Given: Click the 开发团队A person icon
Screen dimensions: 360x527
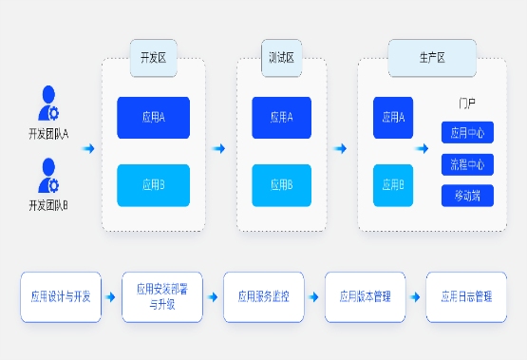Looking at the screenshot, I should click(48, 102).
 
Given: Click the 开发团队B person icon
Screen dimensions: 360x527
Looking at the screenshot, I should click(48, 175).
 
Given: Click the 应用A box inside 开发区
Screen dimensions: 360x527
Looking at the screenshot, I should click(153, 118).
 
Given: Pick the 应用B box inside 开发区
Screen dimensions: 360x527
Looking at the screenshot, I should click(153, 185).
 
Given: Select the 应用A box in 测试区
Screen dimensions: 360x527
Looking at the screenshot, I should click(281, 118).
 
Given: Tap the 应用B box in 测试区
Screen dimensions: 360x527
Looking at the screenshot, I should click(281, 185).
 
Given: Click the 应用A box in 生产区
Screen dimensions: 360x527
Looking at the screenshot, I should click(392, 118).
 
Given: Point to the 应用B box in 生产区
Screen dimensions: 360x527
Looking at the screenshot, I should click(392, 185).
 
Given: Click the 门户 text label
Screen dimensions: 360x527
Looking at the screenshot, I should click(465, 102).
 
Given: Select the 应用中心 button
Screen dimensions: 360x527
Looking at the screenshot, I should click(466, 132).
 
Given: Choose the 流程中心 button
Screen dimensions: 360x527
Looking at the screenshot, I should click(466, 164).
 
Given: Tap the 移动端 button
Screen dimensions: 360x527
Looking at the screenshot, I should click(466, 197).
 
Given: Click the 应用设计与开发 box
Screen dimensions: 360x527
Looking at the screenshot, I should click(61, 296).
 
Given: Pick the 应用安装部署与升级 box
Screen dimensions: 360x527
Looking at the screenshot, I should click(162, 296).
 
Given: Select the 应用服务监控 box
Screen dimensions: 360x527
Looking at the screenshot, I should click(263, 296).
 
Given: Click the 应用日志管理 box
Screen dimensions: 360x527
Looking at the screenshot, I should click(466, 296).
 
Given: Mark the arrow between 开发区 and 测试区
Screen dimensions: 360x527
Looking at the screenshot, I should click(219, 149).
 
